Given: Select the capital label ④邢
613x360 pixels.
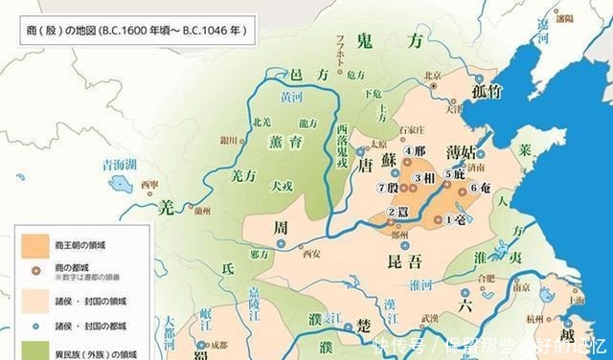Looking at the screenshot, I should coord(414,150).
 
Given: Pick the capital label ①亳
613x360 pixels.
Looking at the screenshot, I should coord(458,219).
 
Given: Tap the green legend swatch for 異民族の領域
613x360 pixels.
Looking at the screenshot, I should coord(32,349).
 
